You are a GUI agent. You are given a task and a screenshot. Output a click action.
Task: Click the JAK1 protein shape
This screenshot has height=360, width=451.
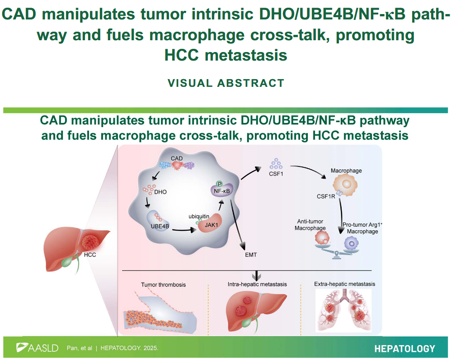click(x=210, y=224)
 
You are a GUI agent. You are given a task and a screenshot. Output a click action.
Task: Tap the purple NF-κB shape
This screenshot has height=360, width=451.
click(x=222, y=190)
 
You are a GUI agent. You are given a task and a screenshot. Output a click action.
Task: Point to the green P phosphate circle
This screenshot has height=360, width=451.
click(x=220, y=184)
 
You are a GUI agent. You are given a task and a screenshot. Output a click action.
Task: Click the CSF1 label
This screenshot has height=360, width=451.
click(x=276, y=174)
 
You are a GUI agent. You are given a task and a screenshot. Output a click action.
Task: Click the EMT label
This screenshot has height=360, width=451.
click(x=251, y=255)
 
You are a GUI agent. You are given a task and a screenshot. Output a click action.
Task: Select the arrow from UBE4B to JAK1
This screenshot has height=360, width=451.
click(x=184, y=230)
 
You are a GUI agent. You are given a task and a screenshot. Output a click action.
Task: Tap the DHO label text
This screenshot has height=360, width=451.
click(x=160, y=192)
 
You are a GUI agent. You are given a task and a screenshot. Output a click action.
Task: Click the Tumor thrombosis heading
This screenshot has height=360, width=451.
click(x=164, y=284)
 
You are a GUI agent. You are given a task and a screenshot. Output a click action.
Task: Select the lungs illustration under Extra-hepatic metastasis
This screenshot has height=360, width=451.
click(x=344, y=310)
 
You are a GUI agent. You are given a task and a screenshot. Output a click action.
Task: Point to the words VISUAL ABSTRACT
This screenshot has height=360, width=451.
click(x=226, y=83)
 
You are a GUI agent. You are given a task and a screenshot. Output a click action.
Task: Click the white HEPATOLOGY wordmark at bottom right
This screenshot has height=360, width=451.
click(x=405, y=349)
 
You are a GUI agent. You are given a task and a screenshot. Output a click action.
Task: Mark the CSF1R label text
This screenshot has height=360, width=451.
click(x=326, y=197)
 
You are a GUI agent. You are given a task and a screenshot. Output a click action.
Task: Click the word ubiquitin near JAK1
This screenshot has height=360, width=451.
click(x=199, y=216)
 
